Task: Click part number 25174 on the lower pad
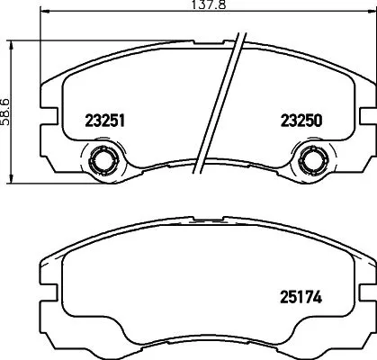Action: pos(301,293)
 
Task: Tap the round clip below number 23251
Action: pos(101,162)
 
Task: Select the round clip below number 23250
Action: pos(313,162)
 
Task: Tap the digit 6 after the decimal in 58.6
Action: pos(6,97)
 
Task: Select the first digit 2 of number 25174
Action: pos(283,293)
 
